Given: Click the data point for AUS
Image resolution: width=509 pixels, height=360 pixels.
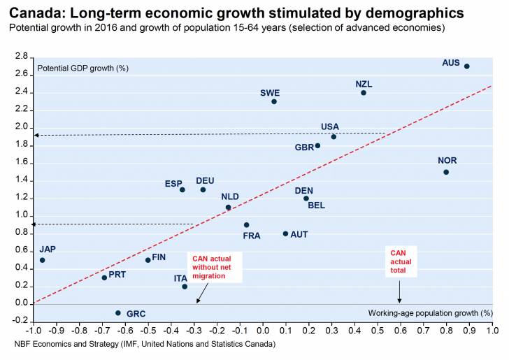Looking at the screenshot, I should click(x=467, y=66).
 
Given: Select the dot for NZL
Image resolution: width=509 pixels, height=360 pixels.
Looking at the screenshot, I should click(x=364, y=93).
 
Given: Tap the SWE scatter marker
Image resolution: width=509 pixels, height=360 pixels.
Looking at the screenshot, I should click(x=274, y=101).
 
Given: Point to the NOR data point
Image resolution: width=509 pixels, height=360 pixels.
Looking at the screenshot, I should click(x=446, y=172).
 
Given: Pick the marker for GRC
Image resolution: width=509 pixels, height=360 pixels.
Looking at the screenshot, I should click(x=117, y=312).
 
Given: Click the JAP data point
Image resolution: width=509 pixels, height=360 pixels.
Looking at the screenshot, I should click(x=42, y=260).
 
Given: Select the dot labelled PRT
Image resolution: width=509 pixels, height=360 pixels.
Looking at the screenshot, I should click(x=104, y=278).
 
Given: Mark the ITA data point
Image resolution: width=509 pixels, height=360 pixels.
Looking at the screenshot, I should click(x=185, y=287).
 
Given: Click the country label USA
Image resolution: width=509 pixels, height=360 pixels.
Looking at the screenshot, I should click(x=329, y=127).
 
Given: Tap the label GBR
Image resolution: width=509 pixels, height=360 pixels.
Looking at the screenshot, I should click(x=303, y=147).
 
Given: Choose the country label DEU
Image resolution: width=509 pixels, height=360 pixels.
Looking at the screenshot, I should click(x=205, y=180).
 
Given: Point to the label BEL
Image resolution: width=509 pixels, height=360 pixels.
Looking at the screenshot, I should click(x=316, y=206).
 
